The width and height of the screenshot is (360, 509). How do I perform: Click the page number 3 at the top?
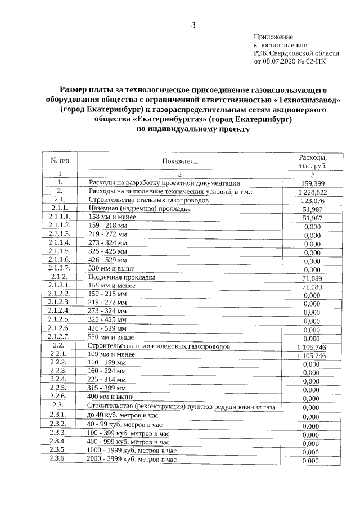point(193,24)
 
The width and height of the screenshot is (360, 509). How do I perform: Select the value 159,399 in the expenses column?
point(313,184)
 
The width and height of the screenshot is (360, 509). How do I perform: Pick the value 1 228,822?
point(313,192)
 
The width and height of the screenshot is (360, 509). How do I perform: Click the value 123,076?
point(313,201)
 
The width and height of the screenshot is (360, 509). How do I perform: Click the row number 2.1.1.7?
point(60,269)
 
